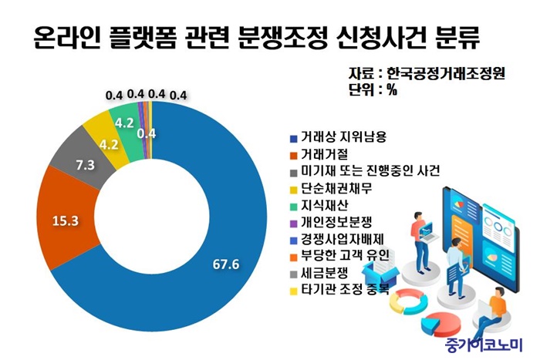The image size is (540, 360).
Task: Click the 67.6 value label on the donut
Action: click(226, 264)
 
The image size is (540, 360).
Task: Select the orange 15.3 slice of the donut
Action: click(67, 220)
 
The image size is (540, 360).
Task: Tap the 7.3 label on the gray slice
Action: click(86, 165)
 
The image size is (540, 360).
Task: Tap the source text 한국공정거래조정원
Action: click(446, 73)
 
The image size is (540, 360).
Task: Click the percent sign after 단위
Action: click(392, 90)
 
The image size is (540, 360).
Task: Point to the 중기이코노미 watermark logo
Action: click(484, 344)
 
